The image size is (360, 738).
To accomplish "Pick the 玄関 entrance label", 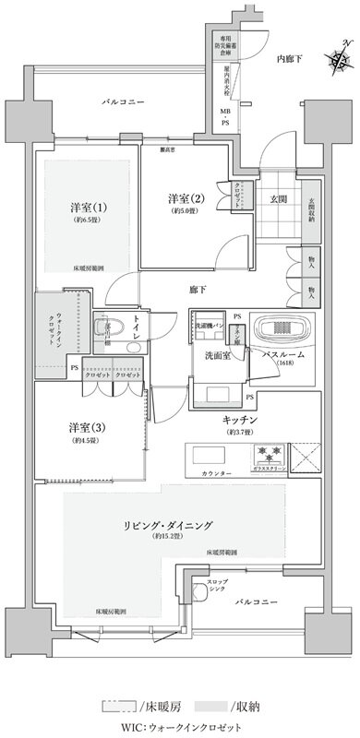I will (x=278, y=198).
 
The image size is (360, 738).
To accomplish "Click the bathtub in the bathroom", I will (x=284, y=331).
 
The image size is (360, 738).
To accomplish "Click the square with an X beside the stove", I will (x=305, y=455).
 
